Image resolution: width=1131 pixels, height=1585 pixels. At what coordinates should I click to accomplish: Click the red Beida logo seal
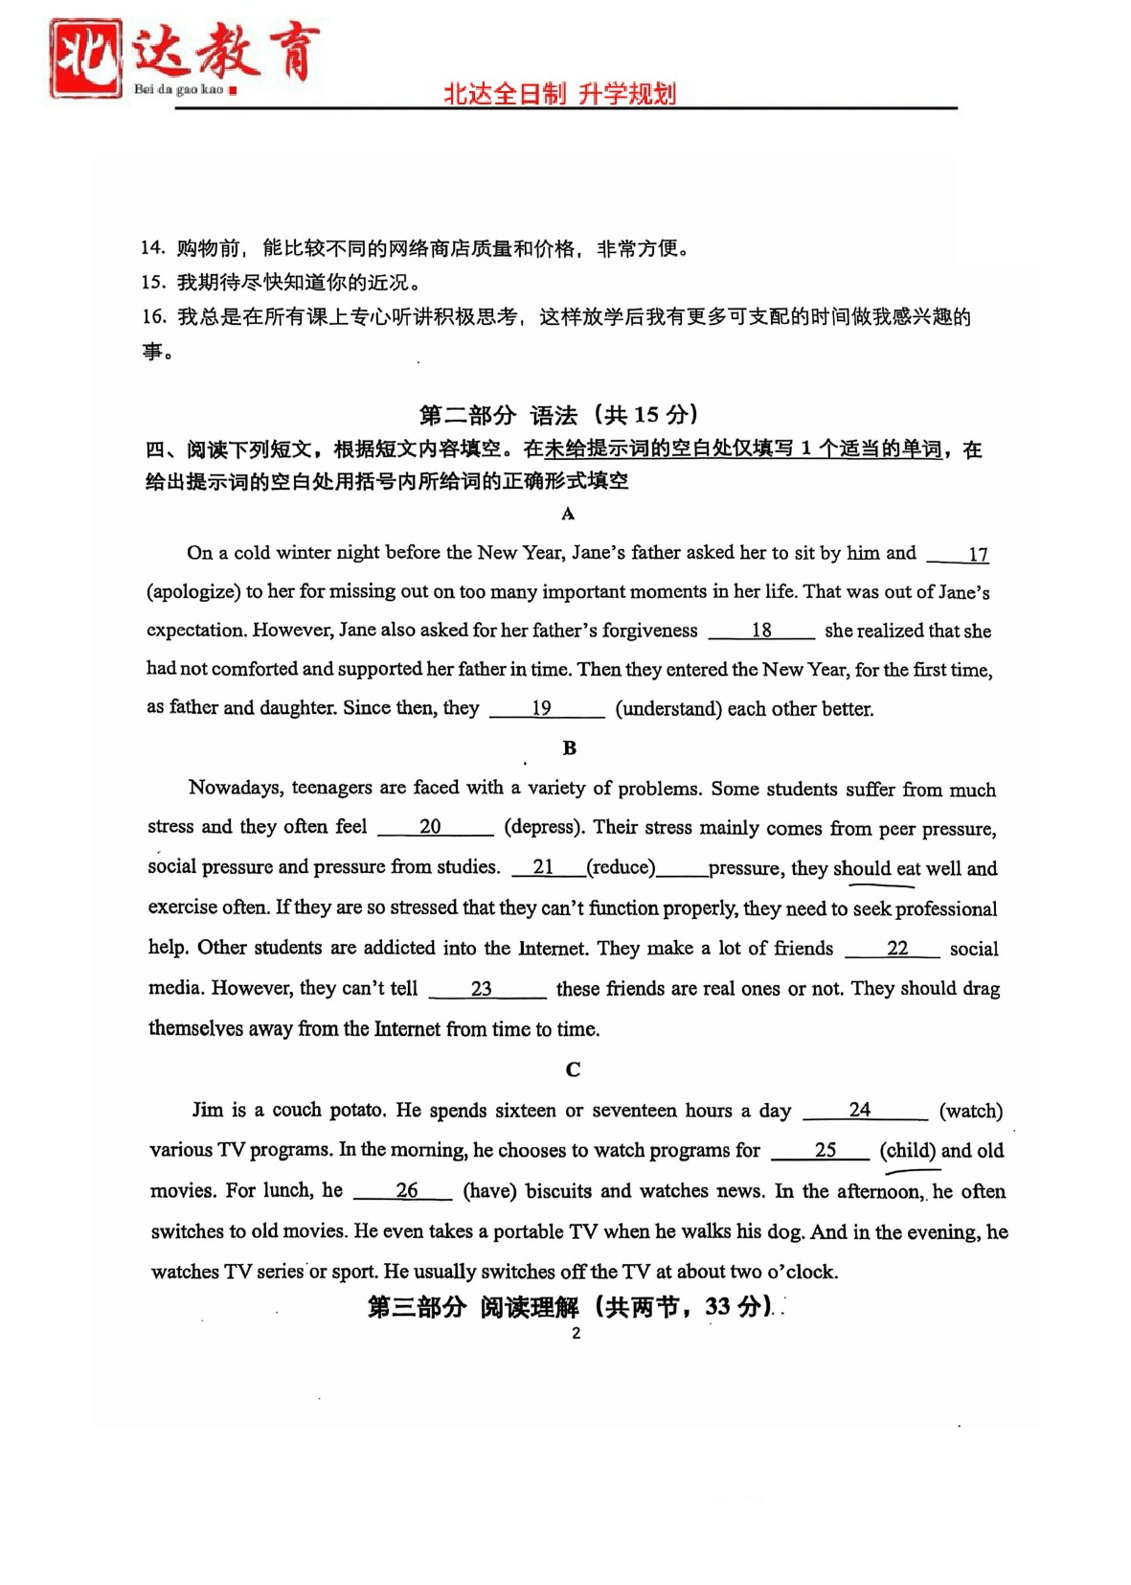coord(86,57)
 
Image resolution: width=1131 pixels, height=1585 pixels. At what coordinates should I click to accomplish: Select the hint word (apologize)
coord(192,591)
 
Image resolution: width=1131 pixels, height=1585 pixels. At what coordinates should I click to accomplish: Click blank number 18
coord(761,631)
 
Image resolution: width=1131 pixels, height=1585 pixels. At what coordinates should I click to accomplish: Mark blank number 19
coord(546,709)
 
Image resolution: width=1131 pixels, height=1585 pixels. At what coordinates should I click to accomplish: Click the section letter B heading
coord(569,747)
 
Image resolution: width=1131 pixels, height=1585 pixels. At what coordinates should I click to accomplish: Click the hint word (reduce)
coord(621,867)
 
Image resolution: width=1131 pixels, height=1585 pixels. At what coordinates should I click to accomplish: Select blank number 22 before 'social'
coord(893,949)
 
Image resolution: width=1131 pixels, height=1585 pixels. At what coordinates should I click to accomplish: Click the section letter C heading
coord(573,1069)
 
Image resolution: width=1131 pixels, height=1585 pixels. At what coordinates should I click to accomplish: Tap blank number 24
coord(864,1111)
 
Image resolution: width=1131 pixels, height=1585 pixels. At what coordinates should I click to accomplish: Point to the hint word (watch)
coord(971,1111)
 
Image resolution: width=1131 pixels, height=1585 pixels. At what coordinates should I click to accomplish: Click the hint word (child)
coord(908,1151)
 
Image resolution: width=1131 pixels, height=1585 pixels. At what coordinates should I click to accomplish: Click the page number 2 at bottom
coord(576,1333)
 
